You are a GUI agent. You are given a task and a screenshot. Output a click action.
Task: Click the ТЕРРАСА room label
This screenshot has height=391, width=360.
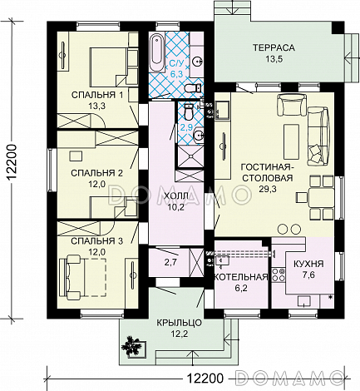[x=274, y=47]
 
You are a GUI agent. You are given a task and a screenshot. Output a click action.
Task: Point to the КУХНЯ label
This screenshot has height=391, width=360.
[x=308, y=264]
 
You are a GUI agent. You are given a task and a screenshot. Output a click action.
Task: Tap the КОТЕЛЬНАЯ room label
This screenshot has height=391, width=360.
[x=241, y=277]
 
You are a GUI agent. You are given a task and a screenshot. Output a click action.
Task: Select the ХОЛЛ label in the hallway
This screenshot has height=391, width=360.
[x=176, y=196]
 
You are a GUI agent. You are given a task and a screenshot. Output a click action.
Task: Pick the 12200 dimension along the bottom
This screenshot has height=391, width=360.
[x=205, y=378]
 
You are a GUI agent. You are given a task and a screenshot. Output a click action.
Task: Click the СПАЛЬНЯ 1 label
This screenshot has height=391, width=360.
[x=97, y=95]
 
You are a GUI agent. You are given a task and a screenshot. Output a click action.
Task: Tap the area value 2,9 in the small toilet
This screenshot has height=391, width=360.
[x=187, y=127]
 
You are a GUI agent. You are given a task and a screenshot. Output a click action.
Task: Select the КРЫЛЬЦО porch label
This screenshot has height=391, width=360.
[x=180, y=323]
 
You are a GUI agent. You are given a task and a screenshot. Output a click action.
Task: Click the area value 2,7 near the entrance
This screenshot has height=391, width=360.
[x=170, y=262]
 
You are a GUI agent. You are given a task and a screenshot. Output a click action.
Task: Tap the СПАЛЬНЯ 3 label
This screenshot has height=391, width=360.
[x=96, y=241]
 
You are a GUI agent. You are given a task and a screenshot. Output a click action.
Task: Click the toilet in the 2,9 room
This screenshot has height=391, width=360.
[x=189, y=111]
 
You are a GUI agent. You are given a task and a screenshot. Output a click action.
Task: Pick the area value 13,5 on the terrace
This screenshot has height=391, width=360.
[x=274, y=59]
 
